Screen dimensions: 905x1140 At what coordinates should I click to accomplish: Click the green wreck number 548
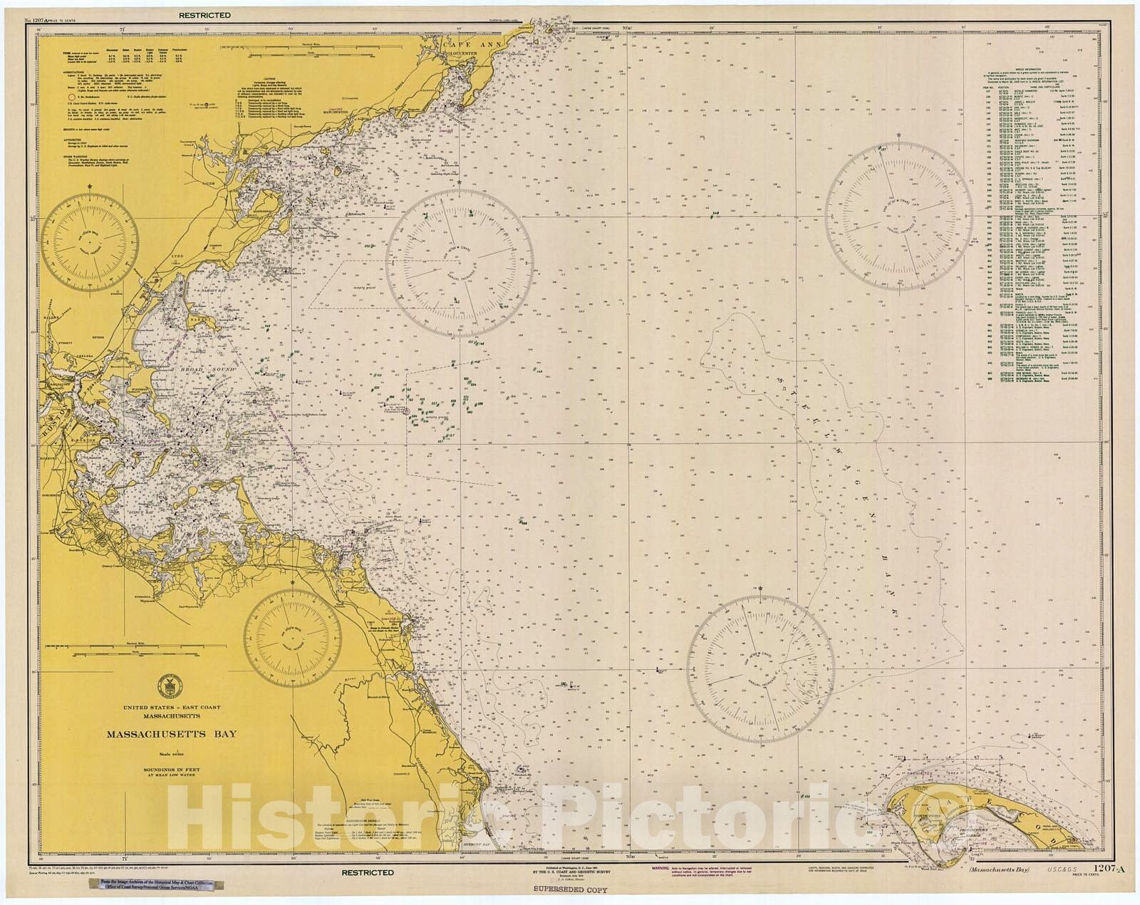[x=715, y=212]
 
